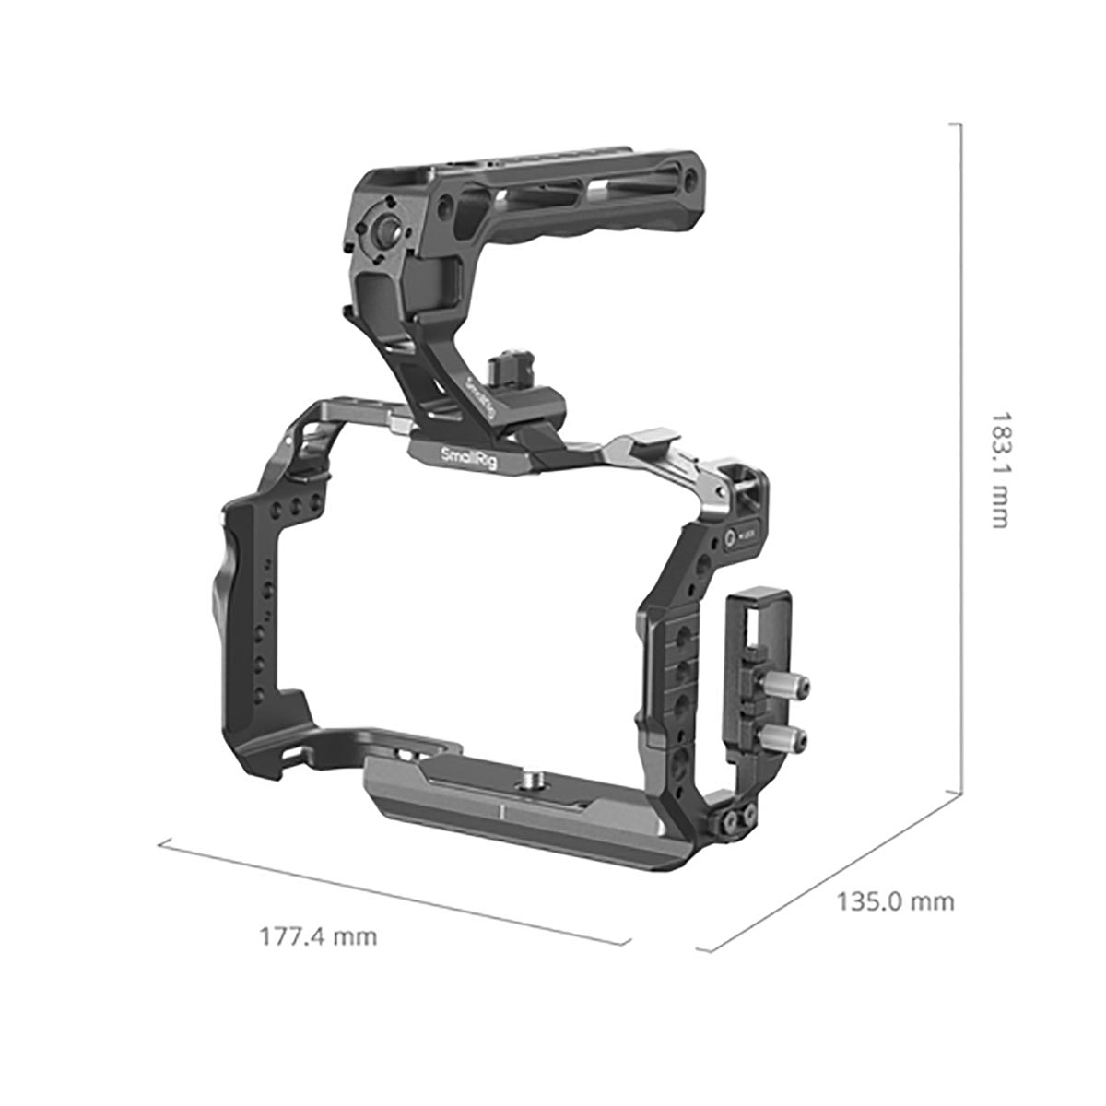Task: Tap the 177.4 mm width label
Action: [x=318, y=937]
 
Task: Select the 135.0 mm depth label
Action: [x=895, y=900]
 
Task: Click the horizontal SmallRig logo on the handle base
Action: [x=469, y=457]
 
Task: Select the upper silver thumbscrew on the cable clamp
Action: [x=793, y=687]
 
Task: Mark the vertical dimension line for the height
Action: [x=961, y=461]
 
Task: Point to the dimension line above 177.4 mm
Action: [x=394, y=891]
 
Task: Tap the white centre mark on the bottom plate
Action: [x=499, y=812]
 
